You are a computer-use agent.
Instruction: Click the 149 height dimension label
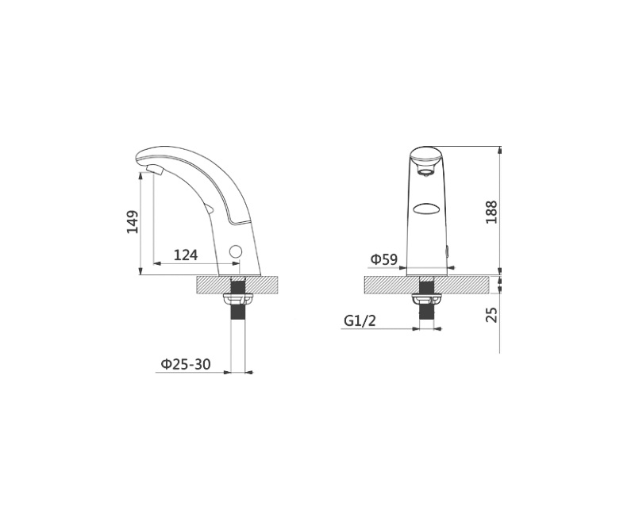tap(133, 222)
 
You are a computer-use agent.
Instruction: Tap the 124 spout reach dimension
tap(186, 255)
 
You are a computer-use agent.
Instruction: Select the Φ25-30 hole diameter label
tap(186, 365)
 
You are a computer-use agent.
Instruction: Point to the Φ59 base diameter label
tap(384, 259)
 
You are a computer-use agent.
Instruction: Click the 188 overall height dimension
tap(491, 212)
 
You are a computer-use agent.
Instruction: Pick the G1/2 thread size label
tap(360, 321)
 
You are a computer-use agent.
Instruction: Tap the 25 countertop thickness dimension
tap(491, 315)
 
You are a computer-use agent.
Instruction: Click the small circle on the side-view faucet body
tap(235, 251)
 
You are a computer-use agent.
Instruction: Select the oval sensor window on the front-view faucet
tap(426, 209)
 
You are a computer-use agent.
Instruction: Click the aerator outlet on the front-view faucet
tap(425, 174)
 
